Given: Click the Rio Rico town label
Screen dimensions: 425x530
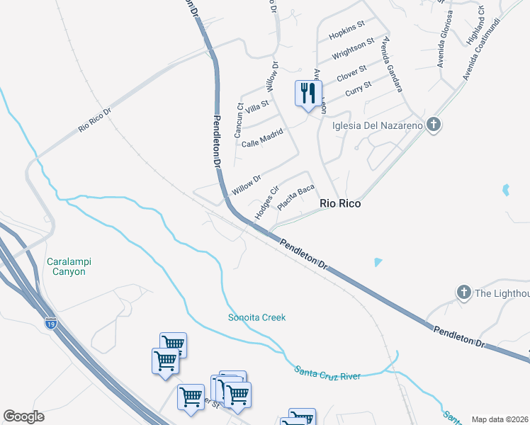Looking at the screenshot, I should pyautogui.click(x=340, y=203).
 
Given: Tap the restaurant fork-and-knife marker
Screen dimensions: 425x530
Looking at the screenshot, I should pyautogui.click(x=308, y=93).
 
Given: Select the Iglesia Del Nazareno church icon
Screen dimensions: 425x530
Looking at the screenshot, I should pyautogui.click(x=435, y=125).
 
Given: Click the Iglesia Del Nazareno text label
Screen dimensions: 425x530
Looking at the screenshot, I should pyautogui.click(x=378, y=126).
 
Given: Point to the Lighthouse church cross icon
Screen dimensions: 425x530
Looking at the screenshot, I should pyautogui.click(x=463, y=292).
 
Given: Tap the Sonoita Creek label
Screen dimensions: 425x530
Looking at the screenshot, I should pyautogui.click(x=256, y=317).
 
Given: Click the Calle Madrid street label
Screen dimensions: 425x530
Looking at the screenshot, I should pyautogui.click(x=262, y=137).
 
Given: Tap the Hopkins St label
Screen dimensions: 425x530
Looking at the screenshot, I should pyautogui.click(x=346, y=30).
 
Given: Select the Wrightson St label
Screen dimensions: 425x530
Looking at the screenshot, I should pyautogui.click(x=353, y=50).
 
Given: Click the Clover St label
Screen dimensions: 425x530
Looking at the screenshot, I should pyautogui.click(x=351, y=73).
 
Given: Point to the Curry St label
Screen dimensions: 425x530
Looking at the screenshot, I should pyautogui.click(x=358, y=89).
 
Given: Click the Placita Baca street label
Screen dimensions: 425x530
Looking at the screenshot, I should pyautogui.click(x=295, y=198).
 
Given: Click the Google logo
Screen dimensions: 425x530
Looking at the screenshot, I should pyautogui.click(x=23, y=416).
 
